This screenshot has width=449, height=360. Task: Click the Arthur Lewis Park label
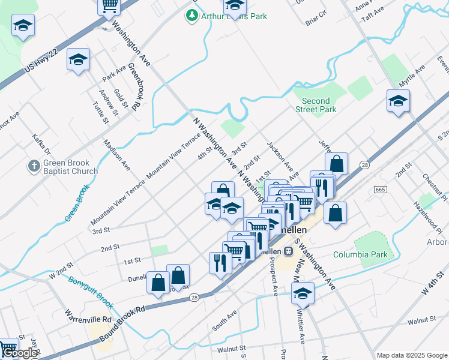234,16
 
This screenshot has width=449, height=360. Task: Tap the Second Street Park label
316,105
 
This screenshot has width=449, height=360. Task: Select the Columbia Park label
360,254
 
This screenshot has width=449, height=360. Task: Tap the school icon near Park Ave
78,59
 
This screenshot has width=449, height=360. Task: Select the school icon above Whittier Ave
303,293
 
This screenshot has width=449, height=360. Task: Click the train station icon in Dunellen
288,250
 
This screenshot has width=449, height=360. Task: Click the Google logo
19,353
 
